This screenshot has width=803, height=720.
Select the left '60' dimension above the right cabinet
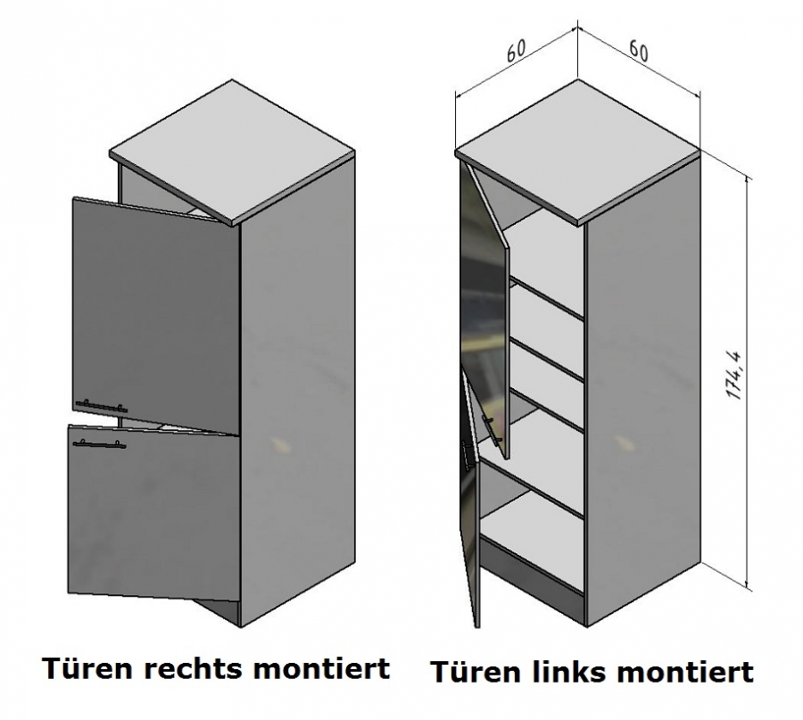[515, 52]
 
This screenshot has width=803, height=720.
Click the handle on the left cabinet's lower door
[100, 442]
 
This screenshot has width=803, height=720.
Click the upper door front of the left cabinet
[156, 303]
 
